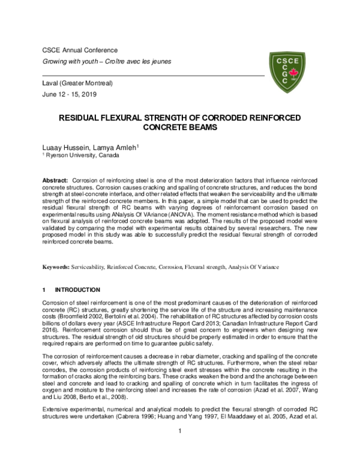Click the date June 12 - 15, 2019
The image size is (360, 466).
click(x=69, y=95)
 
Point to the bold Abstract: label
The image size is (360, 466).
click(x=55, y=181)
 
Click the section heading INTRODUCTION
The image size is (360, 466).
click(x=80, y=289)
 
